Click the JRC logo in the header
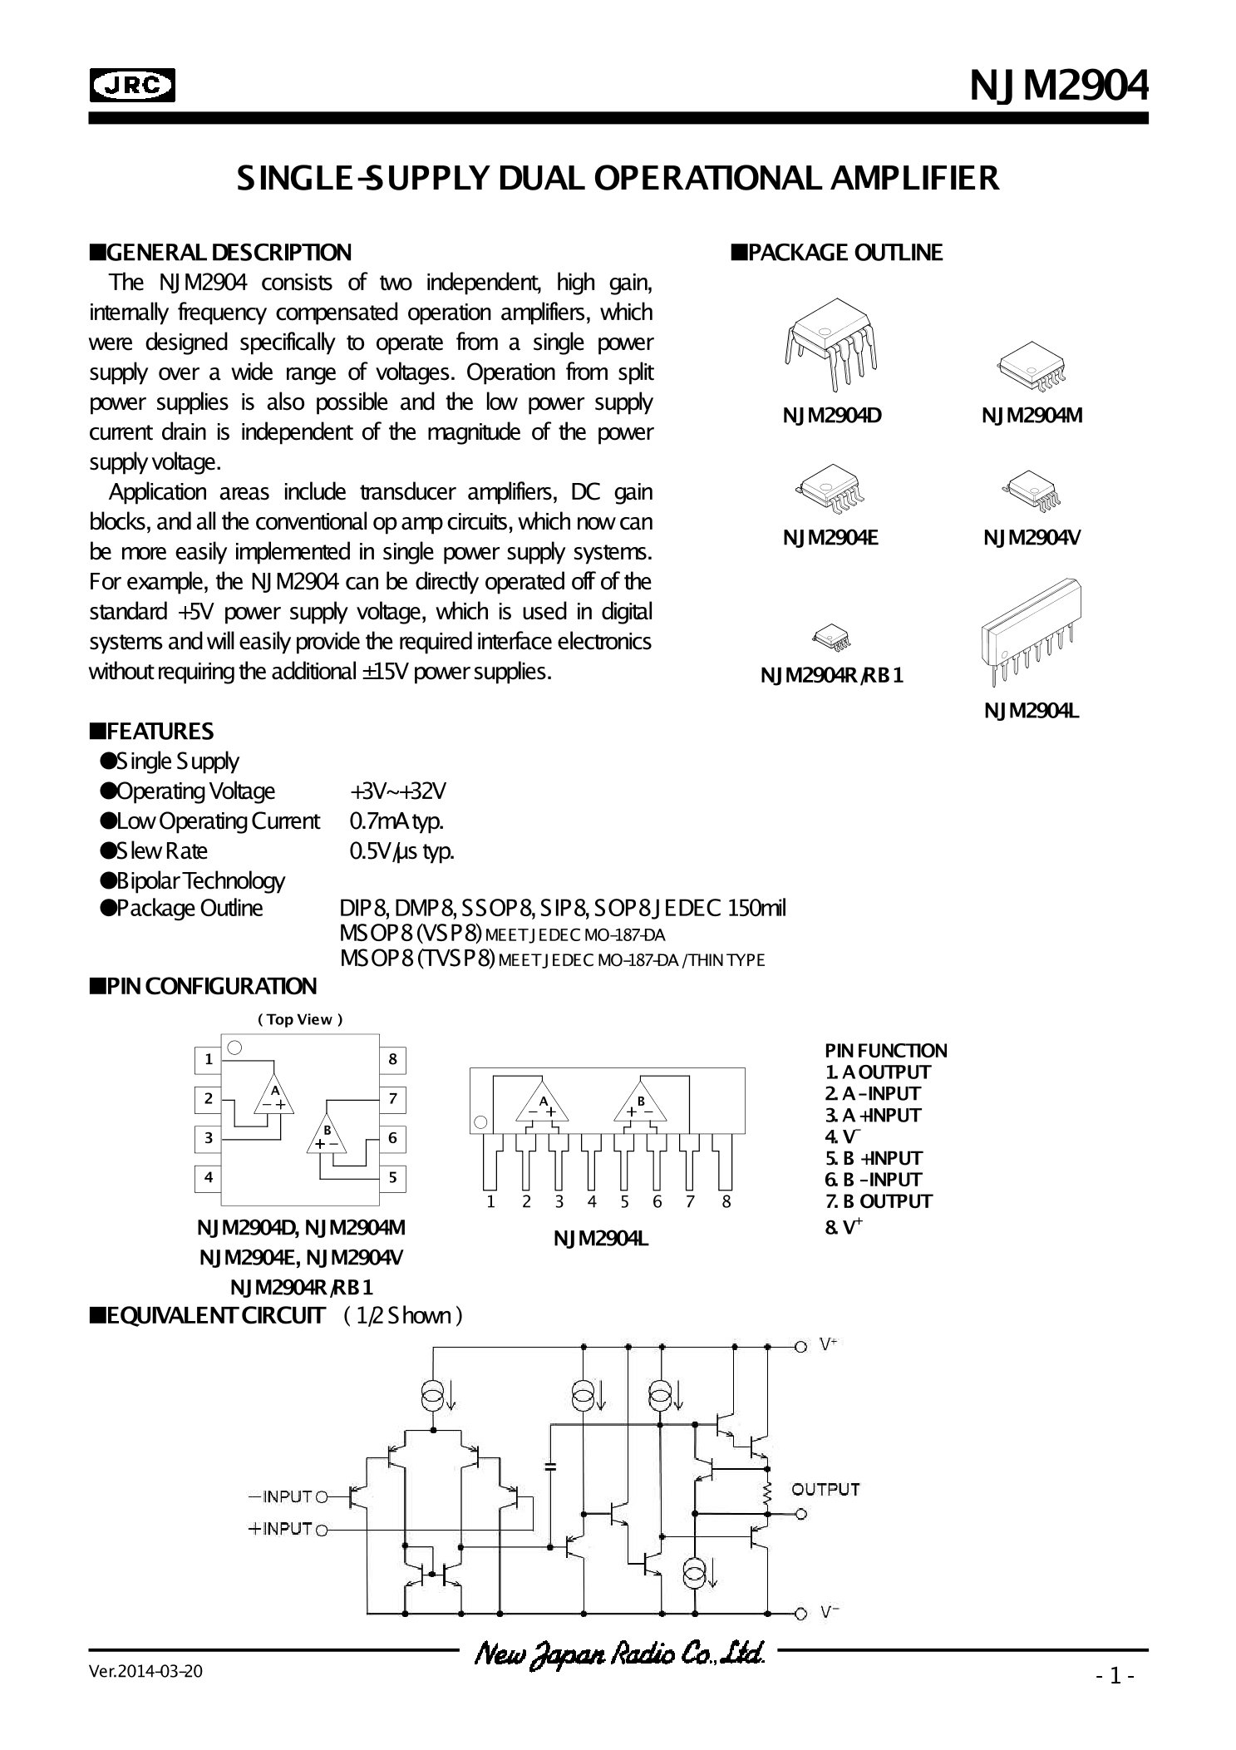(132, 85)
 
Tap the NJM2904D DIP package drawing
(830, 348)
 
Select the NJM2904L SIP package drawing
(1031, 631)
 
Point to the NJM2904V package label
(1032, 538)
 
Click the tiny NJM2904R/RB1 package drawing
(831, 638)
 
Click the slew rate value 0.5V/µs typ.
(401, 851)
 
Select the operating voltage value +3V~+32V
(398, 791)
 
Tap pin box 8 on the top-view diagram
(392, 1059)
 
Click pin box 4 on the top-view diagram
(209, 1177)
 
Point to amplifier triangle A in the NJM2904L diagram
(544, 1103)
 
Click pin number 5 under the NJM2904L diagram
(624, 1201)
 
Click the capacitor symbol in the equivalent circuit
(549, 1466)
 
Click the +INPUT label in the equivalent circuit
(279, 1529)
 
